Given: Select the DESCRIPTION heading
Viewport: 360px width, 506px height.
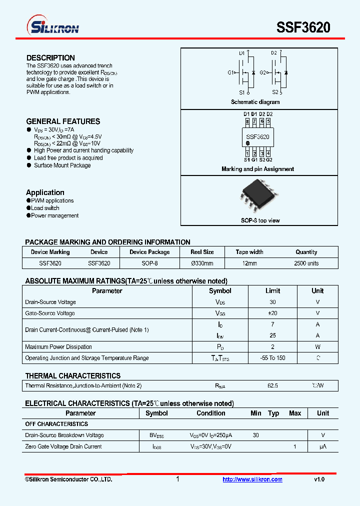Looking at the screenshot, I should coord(50,58).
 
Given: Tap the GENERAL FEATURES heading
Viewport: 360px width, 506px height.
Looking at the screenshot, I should coord(63,121).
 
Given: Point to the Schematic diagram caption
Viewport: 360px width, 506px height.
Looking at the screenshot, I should coord(255,102).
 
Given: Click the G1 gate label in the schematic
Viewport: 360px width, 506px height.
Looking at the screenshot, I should coord(231,72).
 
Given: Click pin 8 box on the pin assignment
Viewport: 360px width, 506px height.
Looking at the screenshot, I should coord(247,121).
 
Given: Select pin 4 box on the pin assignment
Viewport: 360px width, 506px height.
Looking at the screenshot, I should coord(268,153).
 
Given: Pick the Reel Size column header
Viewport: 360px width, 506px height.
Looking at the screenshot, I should coord(202,252).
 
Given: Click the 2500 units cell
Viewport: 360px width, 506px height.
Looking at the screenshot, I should coord(306,263).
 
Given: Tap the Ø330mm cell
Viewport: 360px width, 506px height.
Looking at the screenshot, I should coord(202,263).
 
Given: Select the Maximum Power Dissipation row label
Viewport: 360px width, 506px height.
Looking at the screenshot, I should coord(58,347).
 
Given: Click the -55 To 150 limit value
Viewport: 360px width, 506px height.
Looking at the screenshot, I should coord(273,358).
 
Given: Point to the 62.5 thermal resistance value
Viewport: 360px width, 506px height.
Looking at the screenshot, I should coord(273,386).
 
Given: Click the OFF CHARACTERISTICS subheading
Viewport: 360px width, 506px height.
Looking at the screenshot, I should coord(56,424).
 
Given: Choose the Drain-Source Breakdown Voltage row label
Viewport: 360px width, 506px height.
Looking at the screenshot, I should coord(64,435).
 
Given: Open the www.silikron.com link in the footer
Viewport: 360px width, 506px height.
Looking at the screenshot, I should coord(252,479).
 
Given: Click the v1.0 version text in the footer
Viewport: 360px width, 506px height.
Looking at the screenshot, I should coord(319,479).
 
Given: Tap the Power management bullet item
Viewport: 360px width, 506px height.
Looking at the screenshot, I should coord(54,216).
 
